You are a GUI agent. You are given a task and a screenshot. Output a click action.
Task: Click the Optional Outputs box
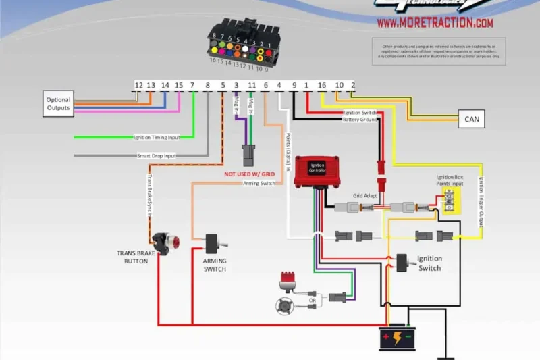tap(58, 104)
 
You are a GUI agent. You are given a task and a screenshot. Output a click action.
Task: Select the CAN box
tap(471, 119)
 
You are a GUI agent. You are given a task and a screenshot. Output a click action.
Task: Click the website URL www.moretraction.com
tap(435, 23)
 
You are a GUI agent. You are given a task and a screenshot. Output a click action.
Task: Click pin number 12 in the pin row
tap(138, 86)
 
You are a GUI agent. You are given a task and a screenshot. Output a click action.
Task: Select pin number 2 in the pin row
tap(352, 86)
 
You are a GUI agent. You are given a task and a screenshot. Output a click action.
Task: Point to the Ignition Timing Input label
tap(161, 138)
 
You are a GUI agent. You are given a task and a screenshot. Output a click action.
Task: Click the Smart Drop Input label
tap(157, 156)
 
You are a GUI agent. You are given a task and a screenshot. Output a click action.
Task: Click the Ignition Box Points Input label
tap(449, 180)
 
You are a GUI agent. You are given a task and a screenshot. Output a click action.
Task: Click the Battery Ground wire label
tap(359, 120)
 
